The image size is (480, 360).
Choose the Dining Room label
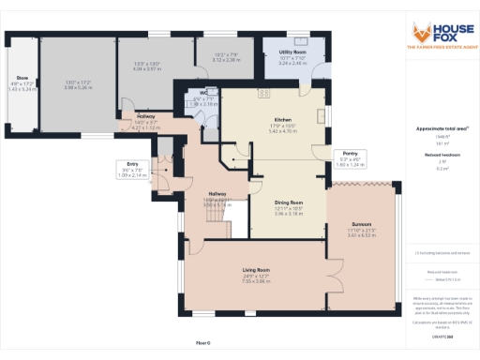coord(288,202)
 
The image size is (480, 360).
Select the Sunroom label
coord(362,225)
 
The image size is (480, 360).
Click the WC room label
coord(203,93)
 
